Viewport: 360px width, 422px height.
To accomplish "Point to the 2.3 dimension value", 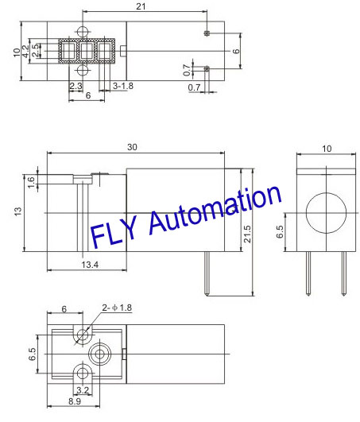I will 75,86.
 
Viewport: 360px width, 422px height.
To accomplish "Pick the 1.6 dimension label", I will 31,182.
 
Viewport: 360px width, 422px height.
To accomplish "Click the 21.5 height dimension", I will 246,234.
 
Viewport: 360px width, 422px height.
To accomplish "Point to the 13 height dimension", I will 18,212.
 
